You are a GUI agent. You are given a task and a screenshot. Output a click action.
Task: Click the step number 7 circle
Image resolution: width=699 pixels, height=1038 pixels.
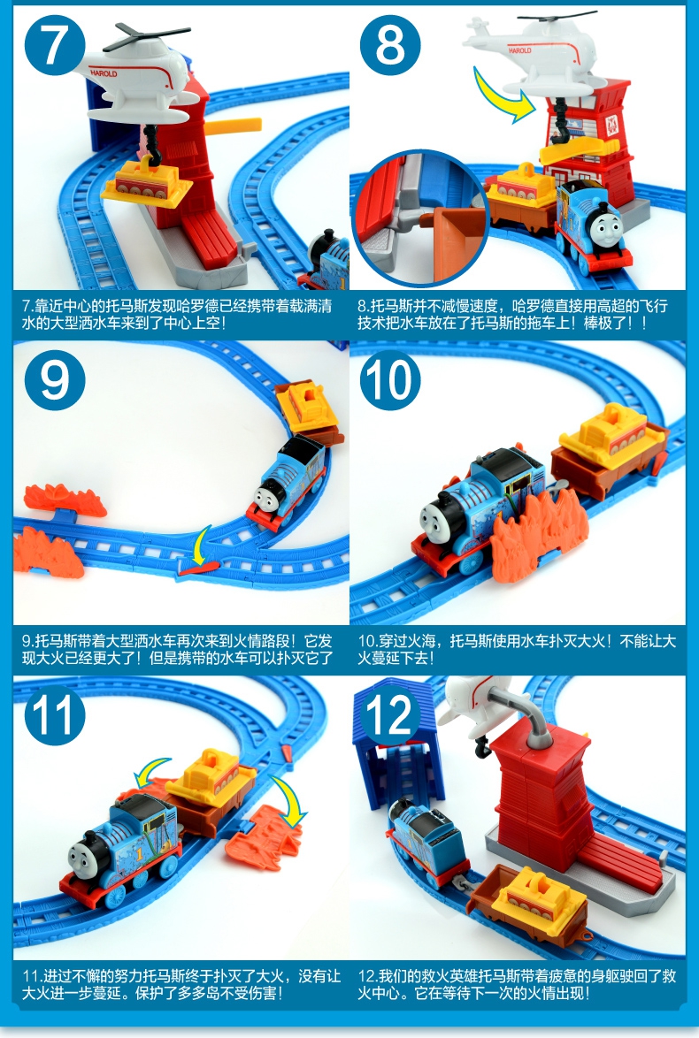point(55,45)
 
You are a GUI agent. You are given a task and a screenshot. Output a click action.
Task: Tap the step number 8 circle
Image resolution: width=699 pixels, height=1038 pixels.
point(390,45)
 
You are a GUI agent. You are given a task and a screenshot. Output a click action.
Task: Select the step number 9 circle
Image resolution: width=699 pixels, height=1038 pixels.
point(55,380)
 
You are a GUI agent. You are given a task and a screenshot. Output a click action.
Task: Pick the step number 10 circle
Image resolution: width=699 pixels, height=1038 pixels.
point(390,380)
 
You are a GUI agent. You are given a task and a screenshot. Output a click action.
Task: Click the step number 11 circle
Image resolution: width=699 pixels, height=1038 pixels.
point(55,715)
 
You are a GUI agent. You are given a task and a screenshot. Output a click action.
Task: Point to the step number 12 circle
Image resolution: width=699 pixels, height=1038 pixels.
point(390,715)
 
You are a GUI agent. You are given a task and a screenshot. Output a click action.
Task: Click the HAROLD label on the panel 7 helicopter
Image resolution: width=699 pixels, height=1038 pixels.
point(104,73)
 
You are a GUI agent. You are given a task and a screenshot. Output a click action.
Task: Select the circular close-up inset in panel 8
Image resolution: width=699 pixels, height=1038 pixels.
point(419,218)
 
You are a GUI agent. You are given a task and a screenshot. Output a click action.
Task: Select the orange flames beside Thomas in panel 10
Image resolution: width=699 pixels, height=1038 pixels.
point(538,530)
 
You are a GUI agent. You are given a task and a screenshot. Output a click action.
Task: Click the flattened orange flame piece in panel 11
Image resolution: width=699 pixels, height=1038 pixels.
point(263,836)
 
